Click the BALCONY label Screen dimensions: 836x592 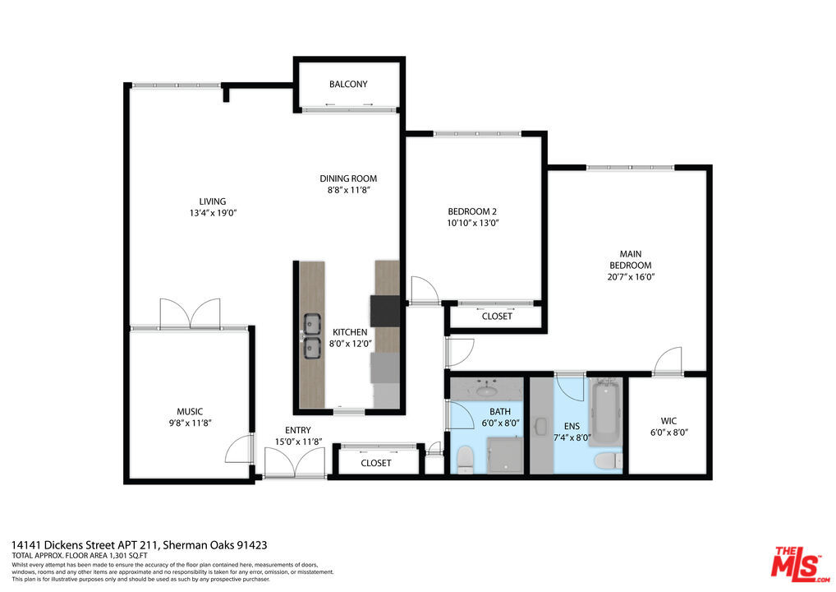pos(348,84)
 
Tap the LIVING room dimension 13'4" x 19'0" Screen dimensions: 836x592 pos(213,213)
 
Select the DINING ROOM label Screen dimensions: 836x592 pos(348,178)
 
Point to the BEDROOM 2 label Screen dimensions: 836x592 pos(472,211)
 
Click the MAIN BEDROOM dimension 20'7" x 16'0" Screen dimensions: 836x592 pos(631,276)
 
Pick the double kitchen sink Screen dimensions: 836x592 pos(312,335)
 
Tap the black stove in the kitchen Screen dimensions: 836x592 pos(385,311)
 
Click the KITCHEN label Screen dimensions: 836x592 pos(350,332)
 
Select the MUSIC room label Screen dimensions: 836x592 pos(190,412)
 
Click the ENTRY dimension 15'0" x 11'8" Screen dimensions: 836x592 pos(298,442)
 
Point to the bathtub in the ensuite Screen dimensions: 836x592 pos(606,411)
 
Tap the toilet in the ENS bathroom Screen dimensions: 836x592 pos(609,460)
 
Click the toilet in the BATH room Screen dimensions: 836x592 pos(465,459)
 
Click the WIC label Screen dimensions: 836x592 pos(668,421)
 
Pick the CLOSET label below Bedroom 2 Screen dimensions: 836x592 pos(497,316)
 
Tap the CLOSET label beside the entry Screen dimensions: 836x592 pos(376,463)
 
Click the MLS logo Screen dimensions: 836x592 pos(800,564)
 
